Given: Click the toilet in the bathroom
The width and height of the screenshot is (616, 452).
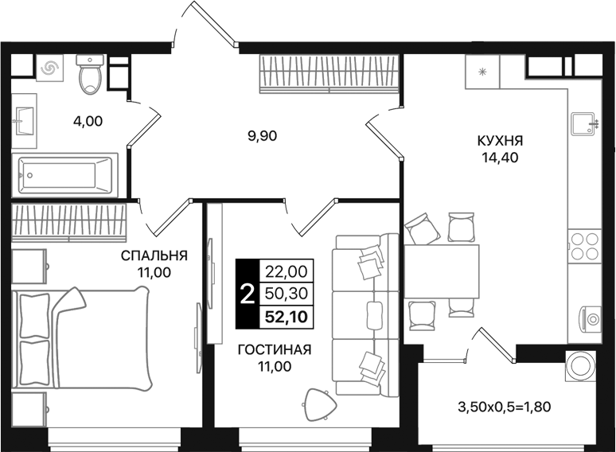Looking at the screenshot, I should (x=90, y=75).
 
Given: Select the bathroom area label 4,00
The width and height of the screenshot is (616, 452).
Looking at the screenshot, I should (x=88, y=122).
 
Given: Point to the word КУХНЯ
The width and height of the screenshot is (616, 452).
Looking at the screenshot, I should (x=500, y=141).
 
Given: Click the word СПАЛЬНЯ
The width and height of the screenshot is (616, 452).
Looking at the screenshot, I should (x=154, y=255).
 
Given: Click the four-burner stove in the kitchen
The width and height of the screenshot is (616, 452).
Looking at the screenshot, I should (x=585, y=246).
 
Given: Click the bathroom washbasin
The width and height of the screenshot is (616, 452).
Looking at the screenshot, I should (x=24, y=123).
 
